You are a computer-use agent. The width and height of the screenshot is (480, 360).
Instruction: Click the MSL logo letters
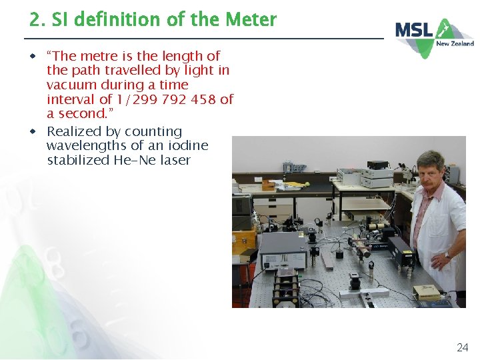(x=415, y=30)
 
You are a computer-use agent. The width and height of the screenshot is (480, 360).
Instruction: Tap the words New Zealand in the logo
(x=455, y=44)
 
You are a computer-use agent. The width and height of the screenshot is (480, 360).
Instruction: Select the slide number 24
(x=462, y=347)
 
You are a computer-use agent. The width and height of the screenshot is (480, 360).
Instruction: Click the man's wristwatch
(x=447, y=255)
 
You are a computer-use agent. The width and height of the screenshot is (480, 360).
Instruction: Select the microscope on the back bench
(x=404, y=172)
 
